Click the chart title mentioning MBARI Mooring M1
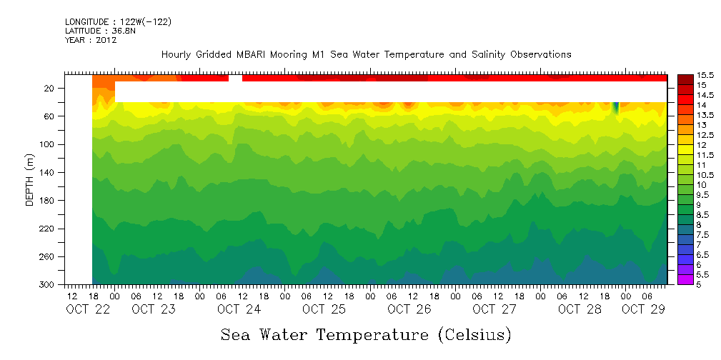click(366, 54)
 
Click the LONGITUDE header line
click(118, 22)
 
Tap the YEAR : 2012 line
click(90, 40)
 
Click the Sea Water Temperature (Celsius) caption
click(366, 334)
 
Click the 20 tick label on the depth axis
click(49, 89)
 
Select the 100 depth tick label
click(47, 144)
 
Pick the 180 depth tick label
click(47, 201)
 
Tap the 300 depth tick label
click(47, 285)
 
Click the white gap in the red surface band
click(235, 78)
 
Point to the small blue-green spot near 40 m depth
click(615, 107)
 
